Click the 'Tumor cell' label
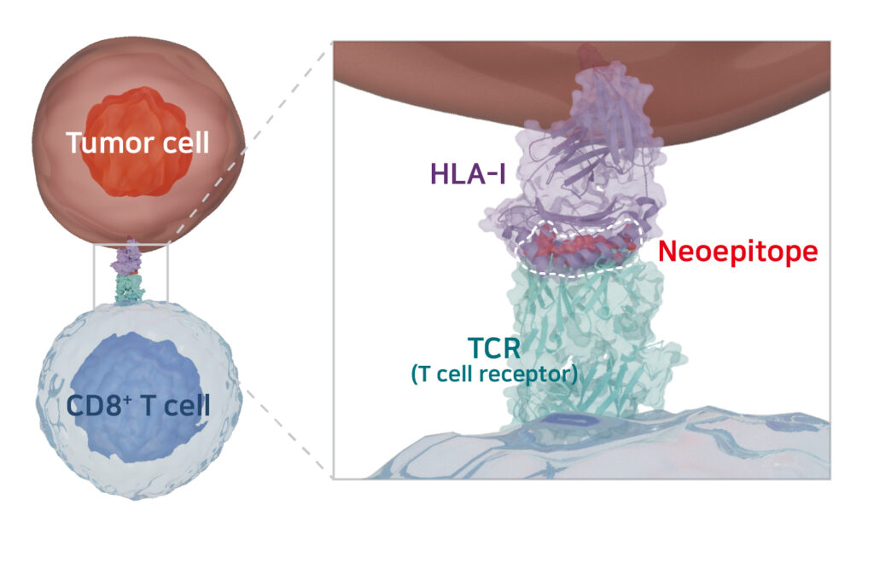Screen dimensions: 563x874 pyautogui.click(x=137, y=142)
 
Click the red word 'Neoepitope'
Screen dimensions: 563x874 pyautogui.click(x=737, y=251)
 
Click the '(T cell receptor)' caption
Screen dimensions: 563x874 pyautogui.click(x=494, y=374)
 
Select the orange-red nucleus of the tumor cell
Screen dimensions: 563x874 pyautogui.click(x=137, y=111)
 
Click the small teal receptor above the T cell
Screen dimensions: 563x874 pyautogui.click(x=130, y=288)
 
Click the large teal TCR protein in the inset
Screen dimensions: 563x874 pyautogui.click(x=589, y=341)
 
